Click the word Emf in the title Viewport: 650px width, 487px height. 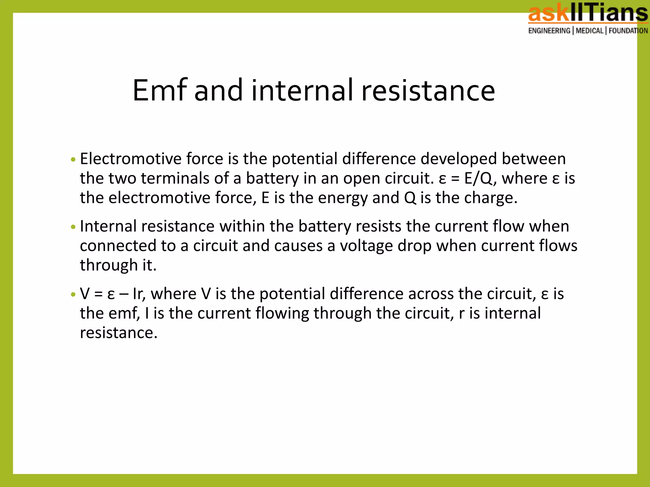click(160, 91)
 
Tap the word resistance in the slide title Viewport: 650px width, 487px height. click(428, 91)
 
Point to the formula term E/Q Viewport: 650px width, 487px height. click(479, 178)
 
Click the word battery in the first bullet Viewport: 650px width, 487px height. click(272, 179)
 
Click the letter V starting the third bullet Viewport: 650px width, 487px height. click(85, 294)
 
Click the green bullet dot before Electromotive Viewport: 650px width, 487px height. click(73, 159)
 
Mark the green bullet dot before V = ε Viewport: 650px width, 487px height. click(73, 295)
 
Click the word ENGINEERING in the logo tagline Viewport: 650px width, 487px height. click(549, 31)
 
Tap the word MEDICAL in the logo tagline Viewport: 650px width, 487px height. click(589, 31)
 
